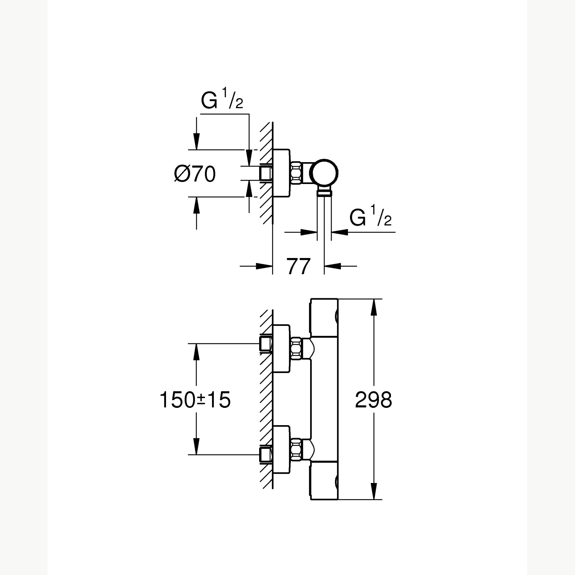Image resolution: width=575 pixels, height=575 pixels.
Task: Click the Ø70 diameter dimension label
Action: coord(195,174)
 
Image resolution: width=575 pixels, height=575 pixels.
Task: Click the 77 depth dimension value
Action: coord(298,266)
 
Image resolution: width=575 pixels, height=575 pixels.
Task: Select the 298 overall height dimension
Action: coord(373,400)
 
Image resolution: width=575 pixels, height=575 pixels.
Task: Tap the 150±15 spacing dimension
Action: coord(195,400)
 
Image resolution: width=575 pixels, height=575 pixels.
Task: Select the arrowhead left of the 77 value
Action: coord(264,266)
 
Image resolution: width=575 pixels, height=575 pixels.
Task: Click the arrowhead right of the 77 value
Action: coord(332,266)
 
